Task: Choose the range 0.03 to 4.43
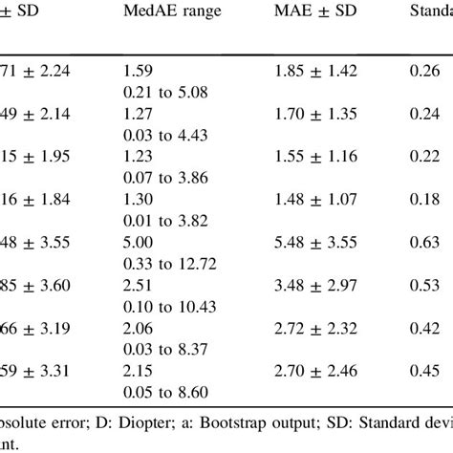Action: [164, 143]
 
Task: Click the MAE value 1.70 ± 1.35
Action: [317, 122]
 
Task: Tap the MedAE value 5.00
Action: [137, 270]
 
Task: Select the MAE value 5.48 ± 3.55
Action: [317, 270]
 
